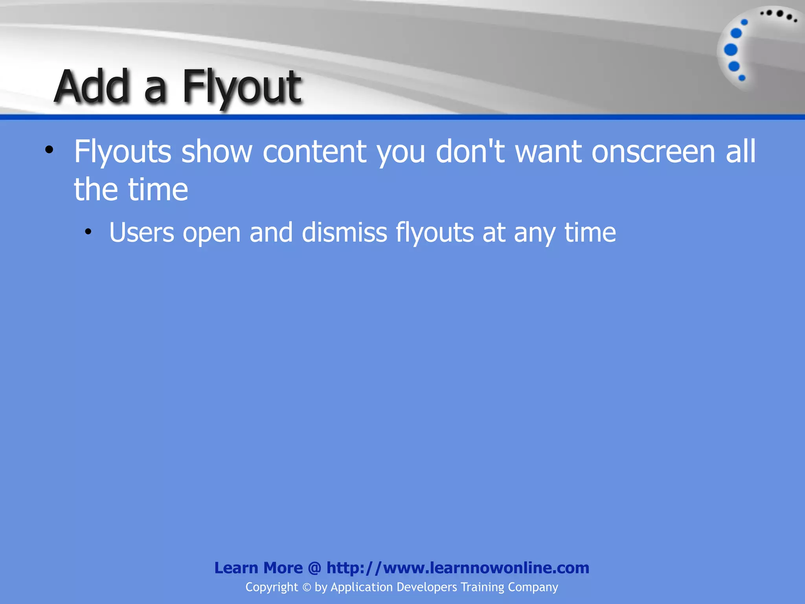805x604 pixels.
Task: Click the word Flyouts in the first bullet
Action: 123,152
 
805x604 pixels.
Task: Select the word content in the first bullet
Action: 314,152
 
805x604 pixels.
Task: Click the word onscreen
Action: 653,152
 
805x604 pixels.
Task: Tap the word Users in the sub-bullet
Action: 142,232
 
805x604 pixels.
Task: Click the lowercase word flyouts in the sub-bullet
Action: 434,232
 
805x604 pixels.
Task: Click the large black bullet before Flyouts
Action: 49,150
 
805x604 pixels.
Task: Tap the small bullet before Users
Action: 88,232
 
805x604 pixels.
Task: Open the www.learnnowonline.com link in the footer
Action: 458,568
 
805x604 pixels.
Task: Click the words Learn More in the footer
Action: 258,568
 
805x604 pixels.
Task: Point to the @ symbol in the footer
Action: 314,568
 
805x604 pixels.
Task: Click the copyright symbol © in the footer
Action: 307,587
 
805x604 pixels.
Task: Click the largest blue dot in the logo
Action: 731,50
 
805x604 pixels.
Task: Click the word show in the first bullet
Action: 217,152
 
